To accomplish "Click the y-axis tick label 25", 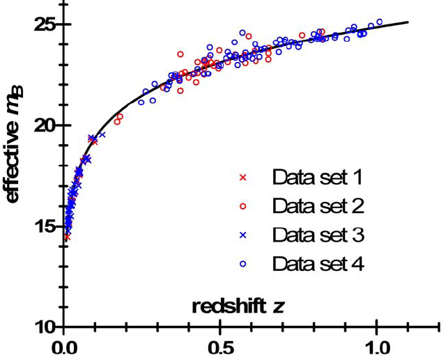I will click(x=44, y=24).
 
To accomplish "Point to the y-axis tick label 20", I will click(x=44, y=125).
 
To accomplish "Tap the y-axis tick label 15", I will click(x=44, y=226).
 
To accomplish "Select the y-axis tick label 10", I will click(x=44, y=327).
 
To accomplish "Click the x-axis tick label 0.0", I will click(x=63, y=346).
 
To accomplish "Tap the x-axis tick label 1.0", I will click(x=378, y=346).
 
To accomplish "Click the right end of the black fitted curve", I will click(x=408, y=22).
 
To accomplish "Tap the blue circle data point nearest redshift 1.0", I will click(x=379, y=22).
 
